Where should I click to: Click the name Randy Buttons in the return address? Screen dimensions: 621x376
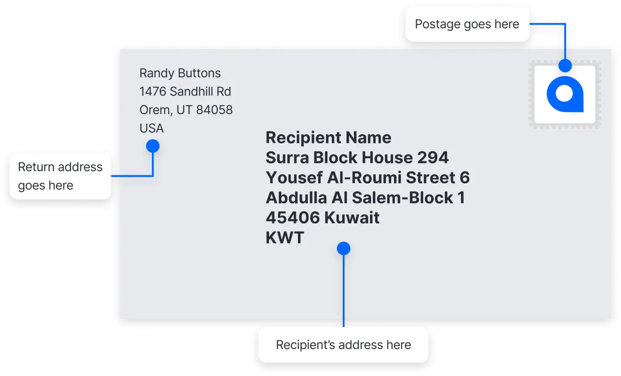coord(180,73)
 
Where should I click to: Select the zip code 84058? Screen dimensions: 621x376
coord(214,110)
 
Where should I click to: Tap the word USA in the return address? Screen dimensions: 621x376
coord(151,128)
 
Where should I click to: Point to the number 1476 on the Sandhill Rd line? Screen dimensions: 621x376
coord(152,91)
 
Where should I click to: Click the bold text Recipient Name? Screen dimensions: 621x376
coord(329,138)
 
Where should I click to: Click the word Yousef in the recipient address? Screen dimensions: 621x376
coord(294,177)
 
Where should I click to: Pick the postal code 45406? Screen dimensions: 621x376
coord(293,217)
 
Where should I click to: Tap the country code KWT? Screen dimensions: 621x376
coord(285,238)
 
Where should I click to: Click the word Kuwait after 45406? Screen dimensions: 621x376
coord(352,217)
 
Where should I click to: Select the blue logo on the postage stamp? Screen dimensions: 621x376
coord(565,94)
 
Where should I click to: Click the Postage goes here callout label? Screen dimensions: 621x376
coord(467,24)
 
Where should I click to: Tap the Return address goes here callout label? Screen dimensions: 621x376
coord(60,176)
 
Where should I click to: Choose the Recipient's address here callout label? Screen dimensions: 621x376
coord(343,344)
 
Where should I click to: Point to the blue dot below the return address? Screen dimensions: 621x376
coord(153,146)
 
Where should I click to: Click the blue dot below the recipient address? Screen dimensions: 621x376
coord(344,248)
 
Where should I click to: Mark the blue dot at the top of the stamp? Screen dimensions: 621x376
coord(565,66)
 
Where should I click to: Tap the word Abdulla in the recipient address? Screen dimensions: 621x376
coord(297,197)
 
